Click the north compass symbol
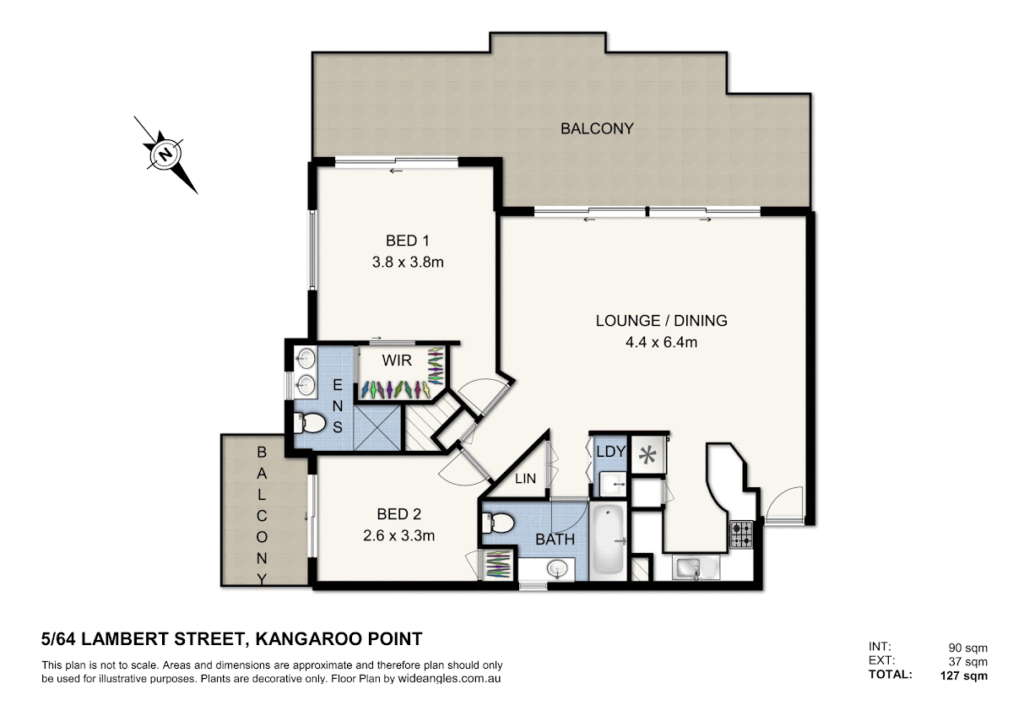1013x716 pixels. [x=165, y=155]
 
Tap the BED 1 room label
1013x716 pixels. [x=408, y=241]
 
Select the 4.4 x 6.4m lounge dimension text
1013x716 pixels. [x=661, y=343]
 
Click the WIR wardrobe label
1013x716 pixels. [x=397, y=361]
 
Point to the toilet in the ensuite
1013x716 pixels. [x=310, y=423]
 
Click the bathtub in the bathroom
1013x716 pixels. [x=608, y=541]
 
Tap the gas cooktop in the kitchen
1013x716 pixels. [x=741, y=534]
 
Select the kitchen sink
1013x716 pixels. [x=696, y=567]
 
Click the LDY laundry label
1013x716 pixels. [x=610, y=452]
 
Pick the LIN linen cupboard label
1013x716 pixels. [x=525, y=479]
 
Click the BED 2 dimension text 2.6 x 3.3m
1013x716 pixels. [x=398, y=536]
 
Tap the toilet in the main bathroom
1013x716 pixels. [x=498, y=523]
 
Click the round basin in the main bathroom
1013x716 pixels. [x=559, y=568]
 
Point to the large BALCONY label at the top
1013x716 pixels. [x=597, y=129]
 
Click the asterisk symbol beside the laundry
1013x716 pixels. [x=647, y=455]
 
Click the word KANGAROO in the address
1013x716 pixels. [x=309, y=639]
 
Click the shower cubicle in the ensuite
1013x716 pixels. [x=377, y=428]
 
